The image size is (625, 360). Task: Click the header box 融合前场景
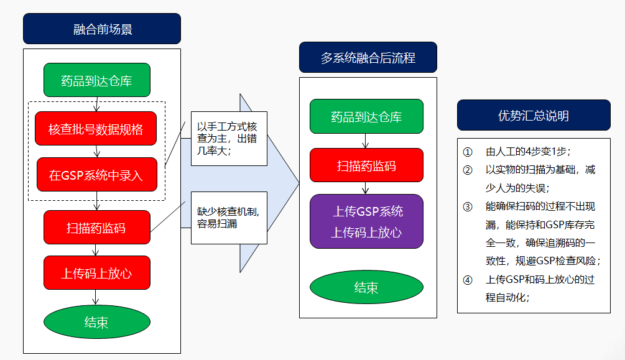coord(102,29)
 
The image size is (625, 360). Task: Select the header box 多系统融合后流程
coord(368,57)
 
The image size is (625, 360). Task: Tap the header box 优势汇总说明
coord(534,115)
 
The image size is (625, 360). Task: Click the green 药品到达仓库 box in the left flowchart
coord(97,80)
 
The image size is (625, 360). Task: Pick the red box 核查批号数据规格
coord(96,129)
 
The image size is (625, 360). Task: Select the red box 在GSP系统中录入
coord(97,175)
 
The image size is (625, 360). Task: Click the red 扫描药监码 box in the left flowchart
coord(97,227)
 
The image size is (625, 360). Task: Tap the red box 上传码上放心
coord(97,273)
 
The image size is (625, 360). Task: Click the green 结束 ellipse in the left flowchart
coord(97,321)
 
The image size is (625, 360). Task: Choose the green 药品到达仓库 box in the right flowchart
coord(367,116)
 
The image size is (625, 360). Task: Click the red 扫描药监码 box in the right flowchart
coord(367,165)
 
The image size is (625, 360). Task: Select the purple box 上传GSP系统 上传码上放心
coord(367,221)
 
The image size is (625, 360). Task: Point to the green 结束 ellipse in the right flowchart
coord(367,287)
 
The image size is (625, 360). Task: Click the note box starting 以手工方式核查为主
coord(229,138)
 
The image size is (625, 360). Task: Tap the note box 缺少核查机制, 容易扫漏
coord(229,218)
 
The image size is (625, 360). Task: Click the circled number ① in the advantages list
coord(468,152)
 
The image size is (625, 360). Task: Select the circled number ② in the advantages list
coord(468,170)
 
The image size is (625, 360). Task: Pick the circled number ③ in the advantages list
coord(468,206)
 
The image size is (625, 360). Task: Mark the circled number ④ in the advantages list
coord(468,280)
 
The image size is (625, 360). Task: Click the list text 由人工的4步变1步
coord(528,152)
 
